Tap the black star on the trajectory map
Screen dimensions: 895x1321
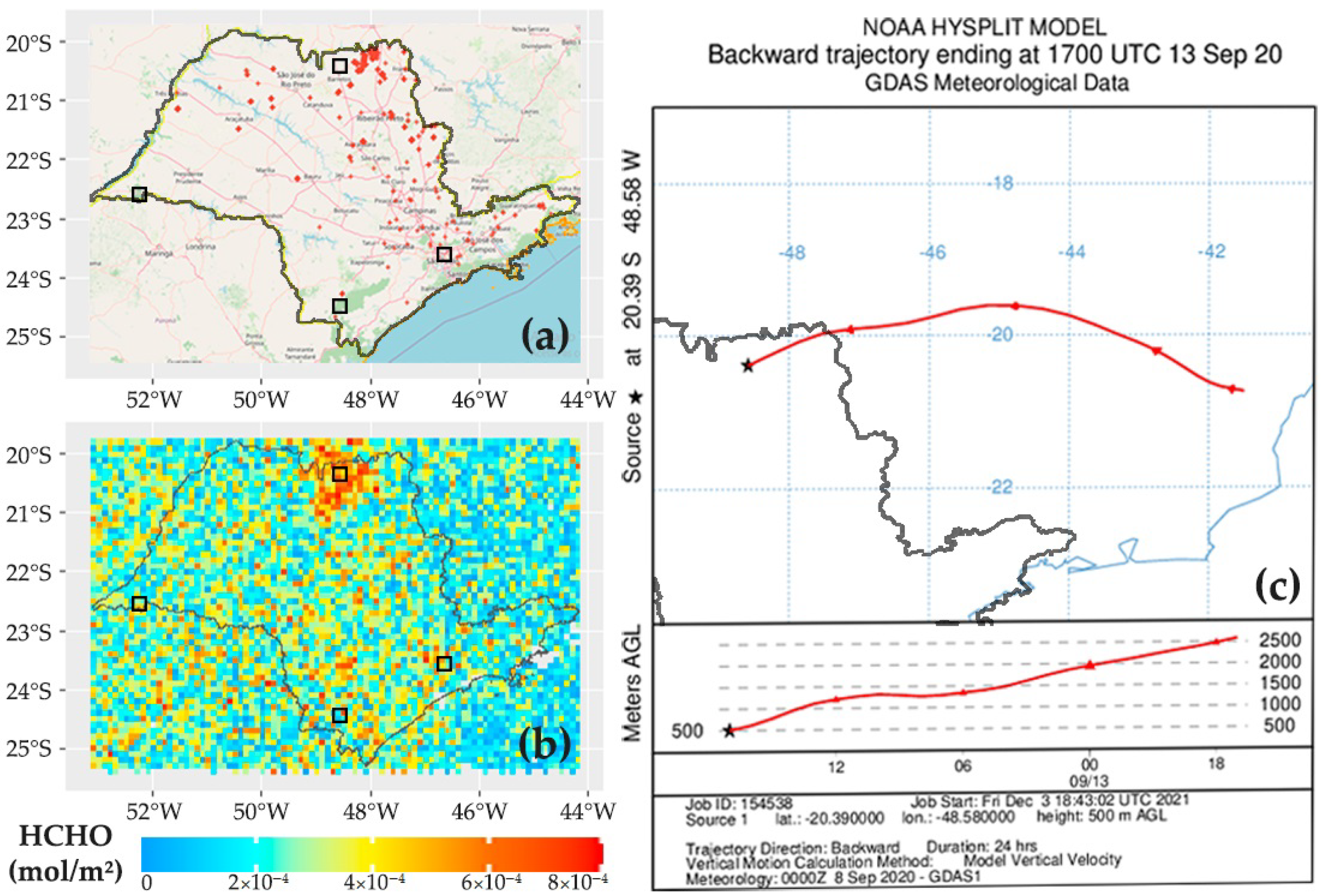point(747,366)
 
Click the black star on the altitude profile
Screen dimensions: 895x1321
point(729,731)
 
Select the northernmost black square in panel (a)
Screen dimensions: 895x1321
point(340,66)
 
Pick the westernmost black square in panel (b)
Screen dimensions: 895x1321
point(139,604)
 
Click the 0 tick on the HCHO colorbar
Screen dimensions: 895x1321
point(147,883)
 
